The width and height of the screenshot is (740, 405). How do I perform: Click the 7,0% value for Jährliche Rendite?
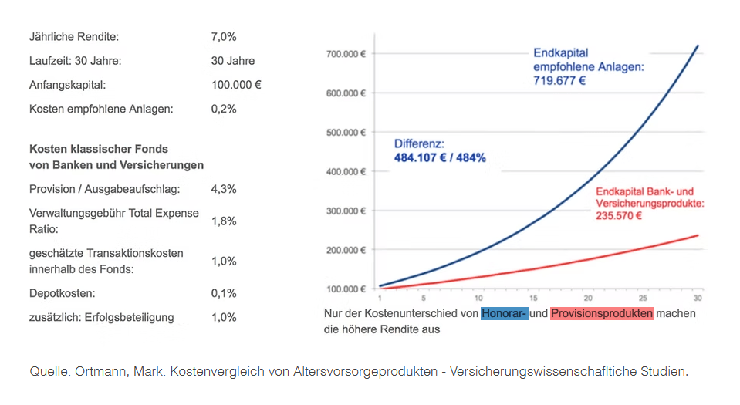(223, 36)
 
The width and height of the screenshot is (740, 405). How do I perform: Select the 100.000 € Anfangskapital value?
(236, 85)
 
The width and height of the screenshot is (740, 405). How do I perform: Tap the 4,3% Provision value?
(223, 189)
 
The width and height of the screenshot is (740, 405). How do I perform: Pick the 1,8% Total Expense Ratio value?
(223, 221)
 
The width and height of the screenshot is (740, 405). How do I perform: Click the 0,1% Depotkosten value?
(223, 293)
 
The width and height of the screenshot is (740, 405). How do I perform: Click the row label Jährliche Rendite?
(74, 36)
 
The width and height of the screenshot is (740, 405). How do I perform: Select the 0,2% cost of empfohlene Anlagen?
(223, 109)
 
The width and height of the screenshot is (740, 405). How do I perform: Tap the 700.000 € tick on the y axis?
(345, 54)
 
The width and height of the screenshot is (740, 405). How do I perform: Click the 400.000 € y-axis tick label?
(345, 171)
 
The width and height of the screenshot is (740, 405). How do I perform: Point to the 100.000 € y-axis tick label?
(345, 289)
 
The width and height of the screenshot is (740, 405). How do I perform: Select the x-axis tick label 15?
(533, 298)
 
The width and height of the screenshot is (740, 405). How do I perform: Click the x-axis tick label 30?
(697, 298)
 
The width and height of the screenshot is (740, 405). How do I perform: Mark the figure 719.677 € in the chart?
(559, 79)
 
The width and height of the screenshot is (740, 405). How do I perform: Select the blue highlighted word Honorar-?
(504, 314)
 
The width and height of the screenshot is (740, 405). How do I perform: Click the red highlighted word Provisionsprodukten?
(602, 314)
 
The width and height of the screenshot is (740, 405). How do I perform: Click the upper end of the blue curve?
(698, 46)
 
